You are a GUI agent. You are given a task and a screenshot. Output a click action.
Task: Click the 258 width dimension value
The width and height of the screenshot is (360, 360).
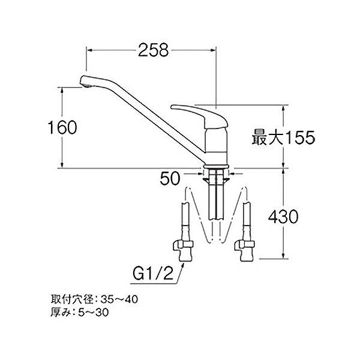tap(153, 52)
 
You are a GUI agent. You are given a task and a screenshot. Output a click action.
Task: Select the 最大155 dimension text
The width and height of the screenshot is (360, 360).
tap(283, 138)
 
